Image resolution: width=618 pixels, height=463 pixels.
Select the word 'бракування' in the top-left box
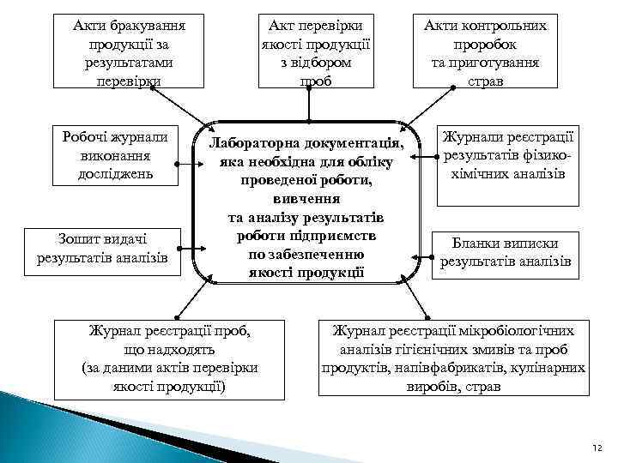tap(142, 26)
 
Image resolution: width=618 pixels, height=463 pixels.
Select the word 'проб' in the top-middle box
tap(308, 81)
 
